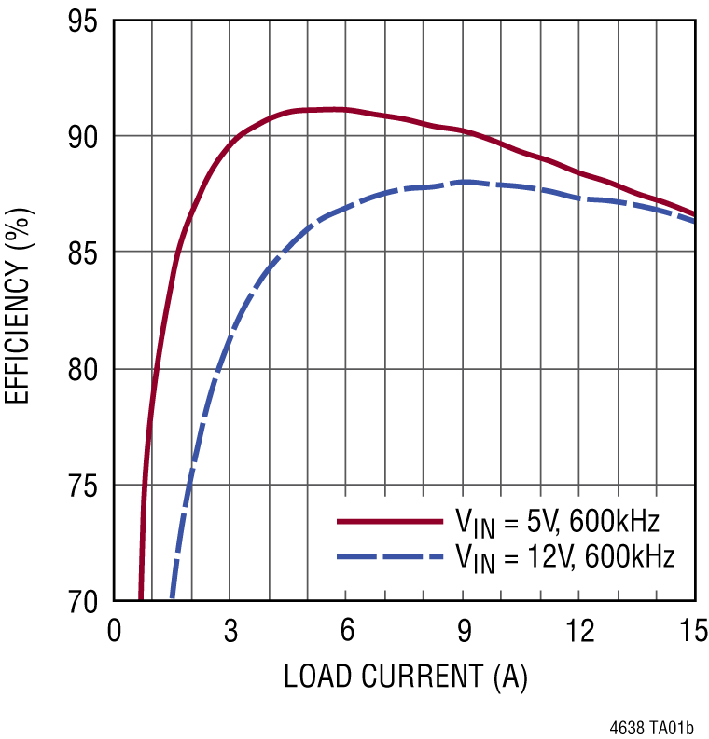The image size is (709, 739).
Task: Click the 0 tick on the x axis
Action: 114,632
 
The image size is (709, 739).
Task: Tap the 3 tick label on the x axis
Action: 230,632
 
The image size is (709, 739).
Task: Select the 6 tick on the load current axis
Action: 346,632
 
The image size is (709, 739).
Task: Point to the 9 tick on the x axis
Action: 463,632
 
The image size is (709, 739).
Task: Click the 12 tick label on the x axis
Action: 578,632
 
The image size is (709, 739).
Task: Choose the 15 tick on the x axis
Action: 693,632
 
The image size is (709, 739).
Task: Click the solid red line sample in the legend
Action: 391,521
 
